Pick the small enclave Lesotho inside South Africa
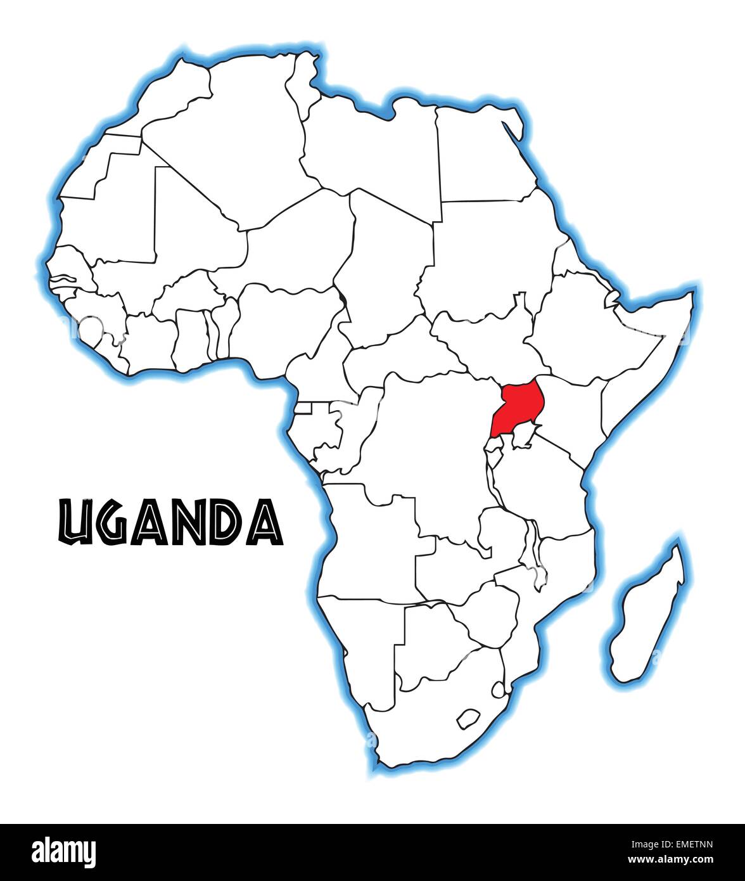[468, 719]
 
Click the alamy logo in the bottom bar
[63, 851]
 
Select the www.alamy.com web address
[678, 859]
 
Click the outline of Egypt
[485, 155]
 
